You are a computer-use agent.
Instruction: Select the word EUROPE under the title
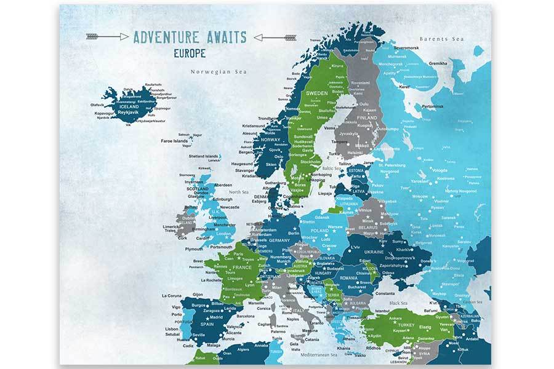tap(190, 52)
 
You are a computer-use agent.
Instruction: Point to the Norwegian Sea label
tap(218, 71)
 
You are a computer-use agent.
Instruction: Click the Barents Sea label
tap(441, 39)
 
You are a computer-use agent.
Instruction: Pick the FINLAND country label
tap(367, 117)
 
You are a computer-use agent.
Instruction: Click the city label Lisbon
tap(171, 329)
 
